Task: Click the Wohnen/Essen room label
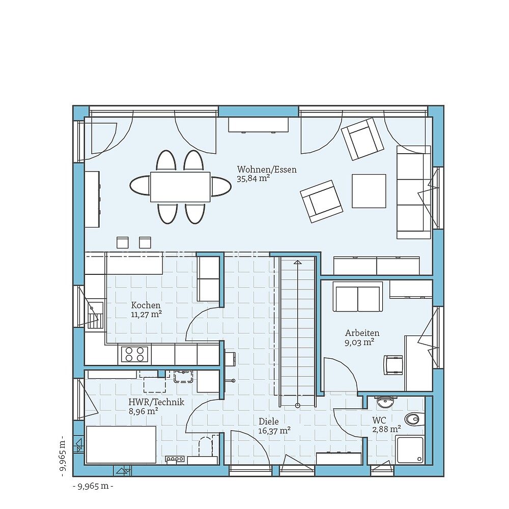pyautogui.click(x=266, y=169)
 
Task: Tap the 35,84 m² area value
pyautogui.click(x=252, y=179)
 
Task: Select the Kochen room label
pyautogui.click(x=145, y=305)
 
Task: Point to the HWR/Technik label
pyautogui.click(x=156, y=402)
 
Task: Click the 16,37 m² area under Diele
pyautogui.click(x=274, y=431)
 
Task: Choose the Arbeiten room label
pyautogui.click(x=362, y=333)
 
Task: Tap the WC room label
pyautogui.click(x=379, y=421)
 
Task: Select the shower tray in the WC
pyautogui.click(x=410, y=450)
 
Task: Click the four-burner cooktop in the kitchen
pyautogui.click(x=134, y=354)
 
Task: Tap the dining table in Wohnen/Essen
pyautogui.click(x=180, y=187)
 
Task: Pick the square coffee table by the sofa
pyautogui.click(x=369, y=191)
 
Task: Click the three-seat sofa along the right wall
pyautogui.click(x=414, y=192)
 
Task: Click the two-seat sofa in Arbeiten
pyautogui.click(x=357, y=297)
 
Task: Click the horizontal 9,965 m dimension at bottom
pyautogui.click(x=93, y=486)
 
